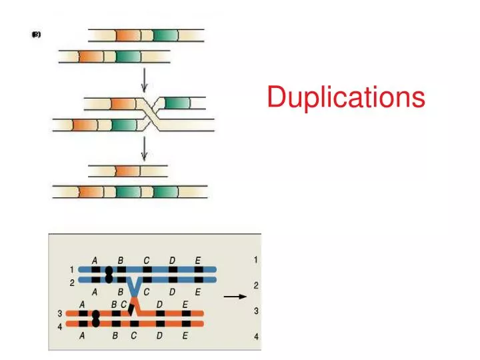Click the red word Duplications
coord(345,97)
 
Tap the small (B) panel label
coord(36,36)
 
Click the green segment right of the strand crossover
coord(177,103)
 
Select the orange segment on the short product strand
coord(125,171)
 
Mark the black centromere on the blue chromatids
coord(109,275)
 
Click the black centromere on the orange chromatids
coord(96,318)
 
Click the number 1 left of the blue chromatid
coord(71,269)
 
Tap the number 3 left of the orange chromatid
coord(60,313)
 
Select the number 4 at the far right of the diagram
coord(256,337)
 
